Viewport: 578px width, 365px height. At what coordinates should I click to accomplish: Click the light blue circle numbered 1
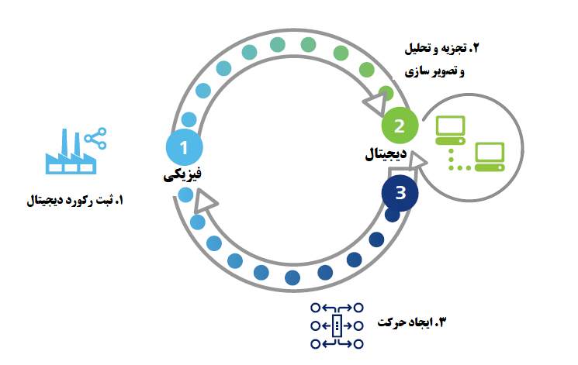click(x=184, y=145)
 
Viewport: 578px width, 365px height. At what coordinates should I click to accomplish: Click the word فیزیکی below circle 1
click(x=183, y=176)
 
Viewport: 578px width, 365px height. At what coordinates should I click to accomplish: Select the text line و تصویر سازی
click(x=433, y=72)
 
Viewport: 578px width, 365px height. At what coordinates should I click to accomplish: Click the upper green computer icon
click(x=451, y=129)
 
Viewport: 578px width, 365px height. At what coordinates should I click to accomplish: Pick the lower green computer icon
click(x=490, y=157)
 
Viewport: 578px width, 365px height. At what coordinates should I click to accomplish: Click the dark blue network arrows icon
click(x=337, y=325)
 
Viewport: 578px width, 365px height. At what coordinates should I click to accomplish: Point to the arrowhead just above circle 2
click(x=376, y=102)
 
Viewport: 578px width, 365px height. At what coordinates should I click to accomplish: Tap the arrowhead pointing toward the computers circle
click(x=417, y=160)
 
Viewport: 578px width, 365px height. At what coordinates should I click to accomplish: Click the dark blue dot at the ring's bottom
click(x=293, y=277)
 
